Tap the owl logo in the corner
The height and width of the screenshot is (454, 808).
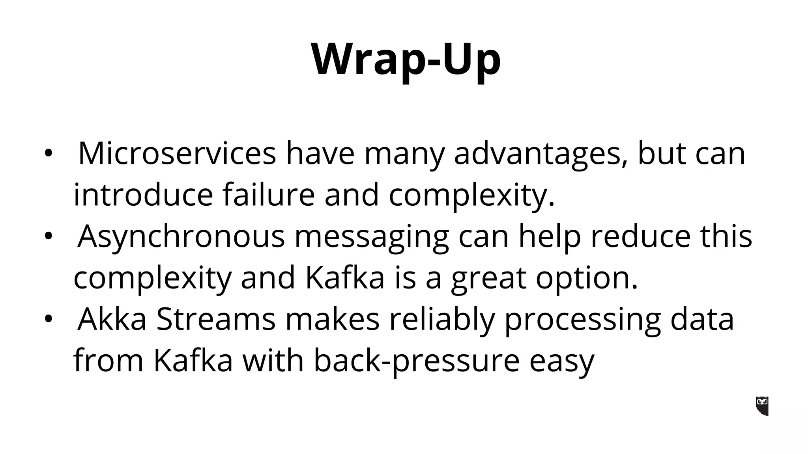click(762, 406)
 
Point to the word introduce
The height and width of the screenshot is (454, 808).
click(143, 195)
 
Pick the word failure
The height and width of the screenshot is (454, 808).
click(268, 195)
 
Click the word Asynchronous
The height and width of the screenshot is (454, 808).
click(181, 236)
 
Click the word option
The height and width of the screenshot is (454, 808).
click(586, 278)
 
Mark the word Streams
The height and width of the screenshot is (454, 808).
click(216, 319)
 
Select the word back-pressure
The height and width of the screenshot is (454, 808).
click(417, 361)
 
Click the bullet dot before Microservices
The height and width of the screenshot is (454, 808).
click(48, 154)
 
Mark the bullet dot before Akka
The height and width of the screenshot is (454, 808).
click(48, 320)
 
